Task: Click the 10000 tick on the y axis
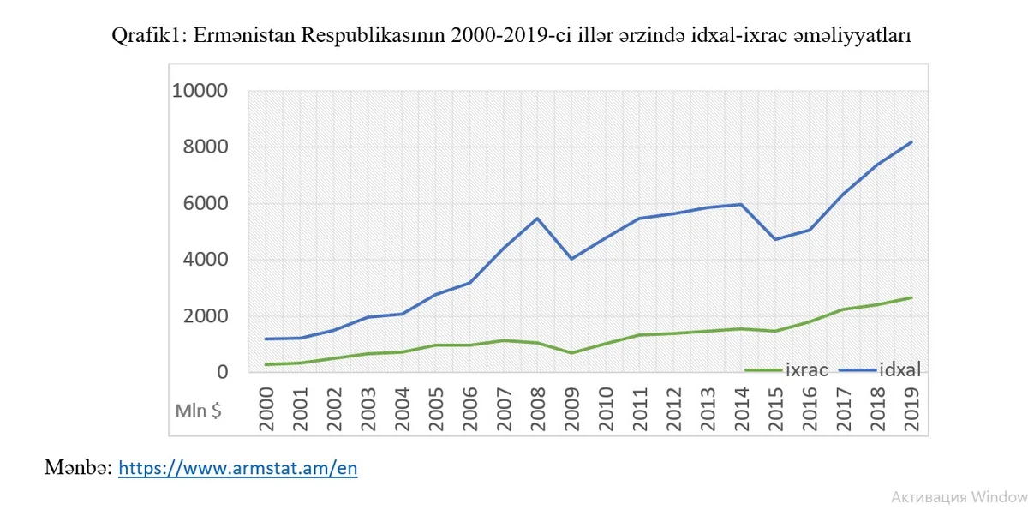pos(200,91)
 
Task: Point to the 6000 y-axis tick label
pos(205,203)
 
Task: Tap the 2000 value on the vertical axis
pos(205,316)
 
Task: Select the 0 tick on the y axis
pos(222,372)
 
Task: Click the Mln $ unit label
pos(199,411)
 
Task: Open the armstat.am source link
pos(237,468)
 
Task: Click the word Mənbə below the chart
pos(78,468)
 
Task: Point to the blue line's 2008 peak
pos(536,219)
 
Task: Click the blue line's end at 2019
pos(911,142)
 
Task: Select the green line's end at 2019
pos(911,297)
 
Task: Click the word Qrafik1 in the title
pos(150,37)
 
